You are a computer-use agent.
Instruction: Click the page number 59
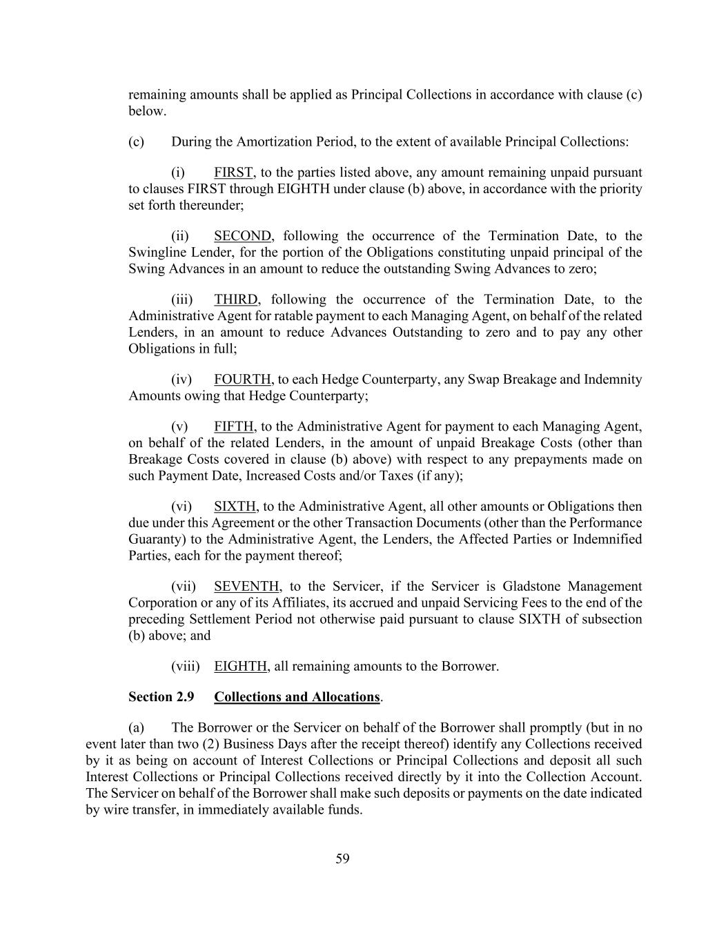[x=342, y=858]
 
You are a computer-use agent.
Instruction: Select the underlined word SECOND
[x=242, y=236]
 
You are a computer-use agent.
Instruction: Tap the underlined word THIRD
[x=236, y=300]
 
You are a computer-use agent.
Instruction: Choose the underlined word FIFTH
[x=235, y=426]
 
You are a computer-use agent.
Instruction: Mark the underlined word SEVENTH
[x=246, y=587]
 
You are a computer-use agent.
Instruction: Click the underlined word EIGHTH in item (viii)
[x=240, y=667]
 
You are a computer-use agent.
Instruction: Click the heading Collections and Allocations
[x=297, y=697]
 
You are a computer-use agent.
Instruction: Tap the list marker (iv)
[x=181, y=380]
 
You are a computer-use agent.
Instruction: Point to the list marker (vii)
[x=184, y=587]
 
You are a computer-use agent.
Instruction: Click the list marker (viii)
[x=185, y=667]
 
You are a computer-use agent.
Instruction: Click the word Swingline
[x=157, y=253]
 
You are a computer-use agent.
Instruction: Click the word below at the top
[x=147, y=111]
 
